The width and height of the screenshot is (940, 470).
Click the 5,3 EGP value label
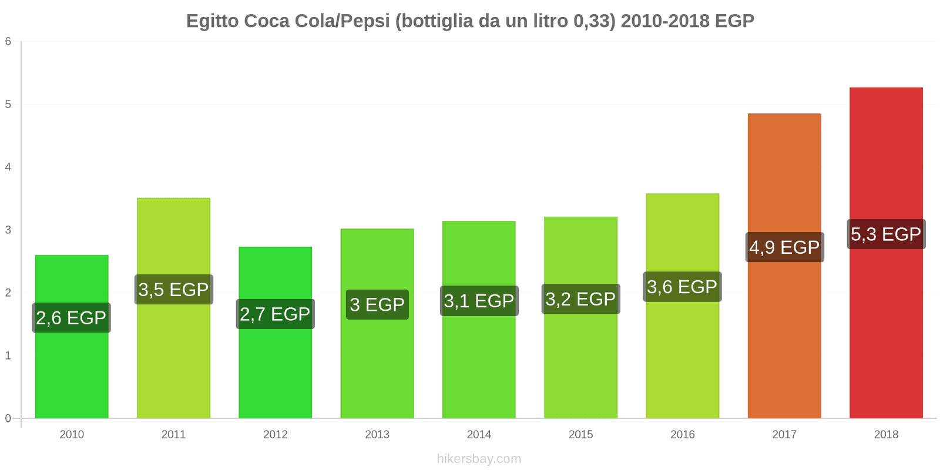886,234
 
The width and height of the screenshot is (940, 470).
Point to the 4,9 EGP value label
784,247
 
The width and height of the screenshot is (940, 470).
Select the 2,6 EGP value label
72,318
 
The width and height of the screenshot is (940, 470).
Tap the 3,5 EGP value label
173,290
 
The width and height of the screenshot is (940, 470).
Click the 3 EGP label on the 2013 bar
377,305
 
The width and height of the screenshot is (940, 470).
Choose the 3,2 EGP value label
580,299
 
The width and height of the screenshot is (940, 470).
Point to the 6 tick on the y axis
8,42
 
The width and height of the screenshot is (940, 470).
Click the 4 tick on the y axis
8,167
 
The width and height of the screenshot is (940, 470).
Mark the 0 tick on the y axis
8,418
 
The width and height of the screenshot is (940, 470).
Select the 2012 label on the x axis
275,435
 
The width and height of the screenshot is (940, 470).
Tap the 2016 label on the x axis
682,435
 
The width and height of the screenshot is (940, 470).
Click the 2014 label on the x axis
479,435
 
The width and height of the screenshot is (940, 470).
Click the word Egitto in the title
212,21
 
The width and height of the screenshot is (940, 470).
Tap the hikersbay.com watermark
479,459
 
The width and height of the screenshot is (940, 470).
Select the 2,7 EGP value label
275,314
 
